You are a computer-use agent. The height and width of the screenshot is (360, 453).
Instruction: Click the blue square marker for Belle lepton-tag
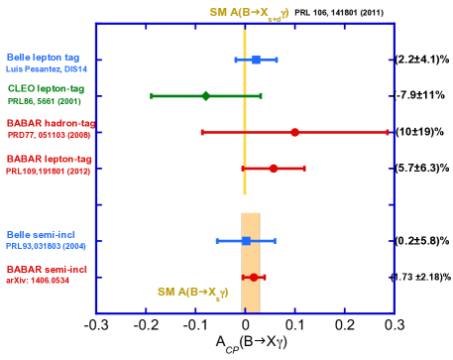(256, 60)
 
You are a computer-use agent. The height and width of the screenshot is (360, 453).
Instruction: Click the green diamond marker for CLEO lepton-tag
(205, 96)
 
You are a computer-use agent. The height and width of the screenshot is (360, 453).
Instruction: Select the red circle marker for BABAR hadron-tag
(294, 132)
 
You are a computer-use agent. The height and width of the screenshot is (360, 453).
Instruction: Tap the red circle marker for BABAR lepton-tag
(274, 169)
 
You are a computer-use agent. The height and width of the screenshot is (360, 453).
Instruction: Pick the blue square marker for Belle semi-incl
(246, 241)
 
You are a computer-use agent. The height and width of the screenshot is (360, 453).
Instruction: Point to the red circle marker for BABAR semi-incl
(254, 278)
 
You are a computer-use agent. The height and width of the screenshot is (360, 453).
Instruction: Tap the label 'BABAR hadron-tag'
(50, 123)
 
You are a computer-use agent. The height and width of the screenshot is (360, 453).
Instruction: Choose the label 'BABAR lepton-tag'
(50, 159)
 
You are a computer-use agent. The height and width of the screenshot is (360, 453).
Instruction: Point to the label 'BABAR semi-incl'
(47, 270)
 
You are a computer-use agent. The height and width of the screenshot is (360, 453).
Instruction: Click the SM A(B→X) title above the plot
(248, 13)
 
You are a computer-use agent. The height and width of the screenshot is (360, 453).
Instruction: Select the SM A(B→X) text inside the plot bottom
(193, 293)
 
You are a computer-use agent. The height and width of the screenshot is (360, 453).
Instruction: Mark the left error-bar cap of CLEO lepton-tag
(152, 96)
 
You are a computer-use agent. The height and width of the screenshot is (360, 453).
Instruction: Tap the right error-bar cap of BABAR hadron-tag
(388, 132)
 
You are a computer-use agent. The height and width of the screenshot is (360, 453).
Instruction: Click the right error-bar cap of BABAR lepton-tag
(304, 169)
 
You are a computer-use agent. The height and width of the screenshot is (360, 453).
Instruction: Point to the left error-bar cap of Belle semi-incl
(217, 241)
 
